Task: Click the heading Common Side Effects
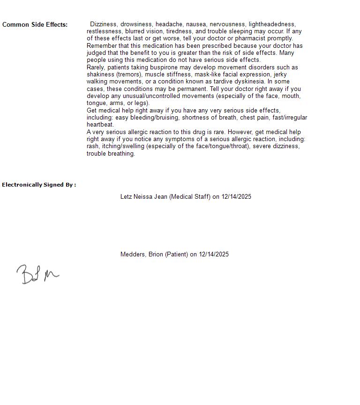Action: pos(35,25)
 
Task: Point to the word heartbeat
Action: pos(100,125)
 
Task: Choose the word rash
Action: pos(92,146)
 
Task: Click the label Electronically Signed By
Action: pos(39,185)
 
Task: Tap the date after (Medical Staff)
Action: pos(236,197)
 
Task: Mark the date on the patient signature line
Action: pos(214,255)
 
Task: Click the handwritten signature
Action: pos(37,275)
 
